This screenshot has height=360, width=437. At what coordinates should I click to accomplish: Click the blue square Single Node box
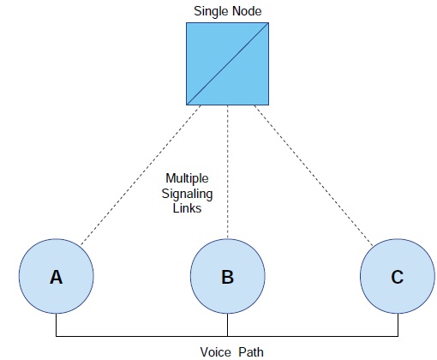coord(227,63)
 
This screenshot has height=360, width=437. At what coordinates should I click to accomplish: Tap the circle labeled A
coord(57,276)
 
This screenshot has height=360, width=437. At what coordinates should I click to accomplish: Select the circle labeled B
coord(228,276)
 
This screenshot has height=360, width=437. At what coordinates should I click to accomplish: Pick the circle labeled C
coord(398,276)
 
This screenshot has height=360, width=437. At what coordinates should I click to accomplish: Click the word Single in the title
coord(212,11)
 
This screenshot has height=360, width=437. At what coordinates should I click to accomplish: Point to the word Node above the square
coord(247,11)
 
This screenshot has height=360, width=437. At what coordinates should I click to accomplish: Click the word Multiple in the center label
coord(187,178)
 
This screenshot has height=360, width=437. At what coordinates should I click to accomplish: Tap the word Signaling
coord(187,194)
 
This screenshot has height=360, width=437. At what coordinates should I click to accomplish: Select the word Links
coord(187,208)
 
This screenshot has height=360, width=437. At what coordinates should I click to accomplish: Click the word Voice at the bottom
coord(215,352)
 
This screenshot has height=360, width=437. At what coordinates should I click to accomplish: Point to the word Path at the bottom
coord(251,352)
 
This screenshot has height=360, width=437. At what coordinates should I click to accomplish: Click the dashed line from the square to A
coord(141,175)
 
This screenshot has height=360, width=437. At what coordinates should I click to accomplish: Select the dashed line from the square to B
coord(228,172)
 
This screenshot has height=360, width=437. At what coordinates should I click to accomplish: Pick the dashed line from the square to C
coord(314,176)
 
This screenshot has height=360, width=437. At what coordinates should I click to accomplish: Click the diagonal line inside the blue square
coord(227,63)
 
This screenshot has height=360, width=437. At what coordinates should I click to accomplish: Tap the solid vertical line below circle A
coord(57,325)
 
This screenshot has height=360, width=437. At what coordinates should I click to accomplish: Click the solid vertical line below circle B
coord(228,325)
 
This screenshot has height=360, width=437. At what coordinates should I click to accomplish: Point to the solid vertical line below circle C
coord(398,325)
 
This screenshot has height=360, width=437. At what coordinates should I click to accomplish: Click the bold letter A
coord(57,277)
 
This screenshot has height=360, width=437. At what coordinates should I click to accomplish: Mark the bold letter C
coord(398,277)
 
